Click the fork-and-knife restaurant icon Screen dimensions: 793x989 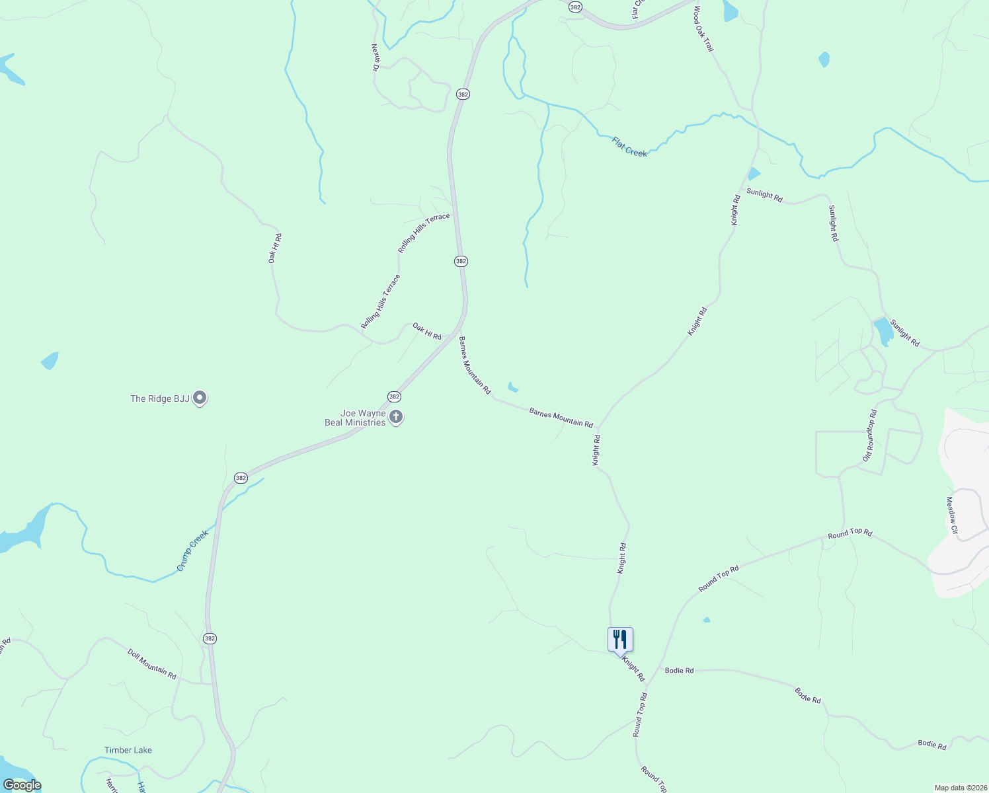(620, 640)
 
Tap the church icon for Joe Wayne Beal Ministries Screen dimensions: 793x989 (396, 416)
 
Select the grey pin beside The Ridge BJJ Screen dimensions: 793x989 (200, 398)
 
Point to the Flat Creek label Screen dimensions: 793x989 (629, 147)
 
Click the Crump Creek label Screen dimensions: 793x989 (192, 550)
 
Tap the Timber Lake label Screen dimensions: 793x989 (128, 750)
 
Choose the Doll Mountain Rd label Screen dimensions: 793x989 (152, 664)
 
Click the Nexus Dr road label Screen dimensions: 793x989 (375, 57)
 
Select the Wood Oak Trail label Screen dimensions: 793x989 (703, 29)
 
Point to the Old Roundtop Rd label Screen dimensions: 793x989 (870, 435)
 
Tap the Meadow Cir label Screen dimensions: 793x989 (952, 515)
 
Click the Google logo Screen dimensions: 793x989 (22, 785)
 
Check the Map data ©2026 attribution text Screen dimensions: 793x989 (959, 788)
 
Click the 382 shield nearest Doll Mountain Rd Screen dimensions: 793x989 (210, 638)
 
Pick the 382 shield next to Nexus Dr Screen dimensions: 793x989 (463, 94)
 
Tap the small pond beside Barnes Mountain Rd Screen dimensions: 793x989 (512, 387)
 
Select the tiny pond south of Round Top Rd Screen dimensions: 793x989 (707, 620)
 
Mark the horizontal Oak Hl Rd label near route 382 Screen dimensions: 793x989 (426, 331)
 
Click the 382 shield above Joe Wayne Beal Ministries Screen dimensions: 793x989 (394, 397)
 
